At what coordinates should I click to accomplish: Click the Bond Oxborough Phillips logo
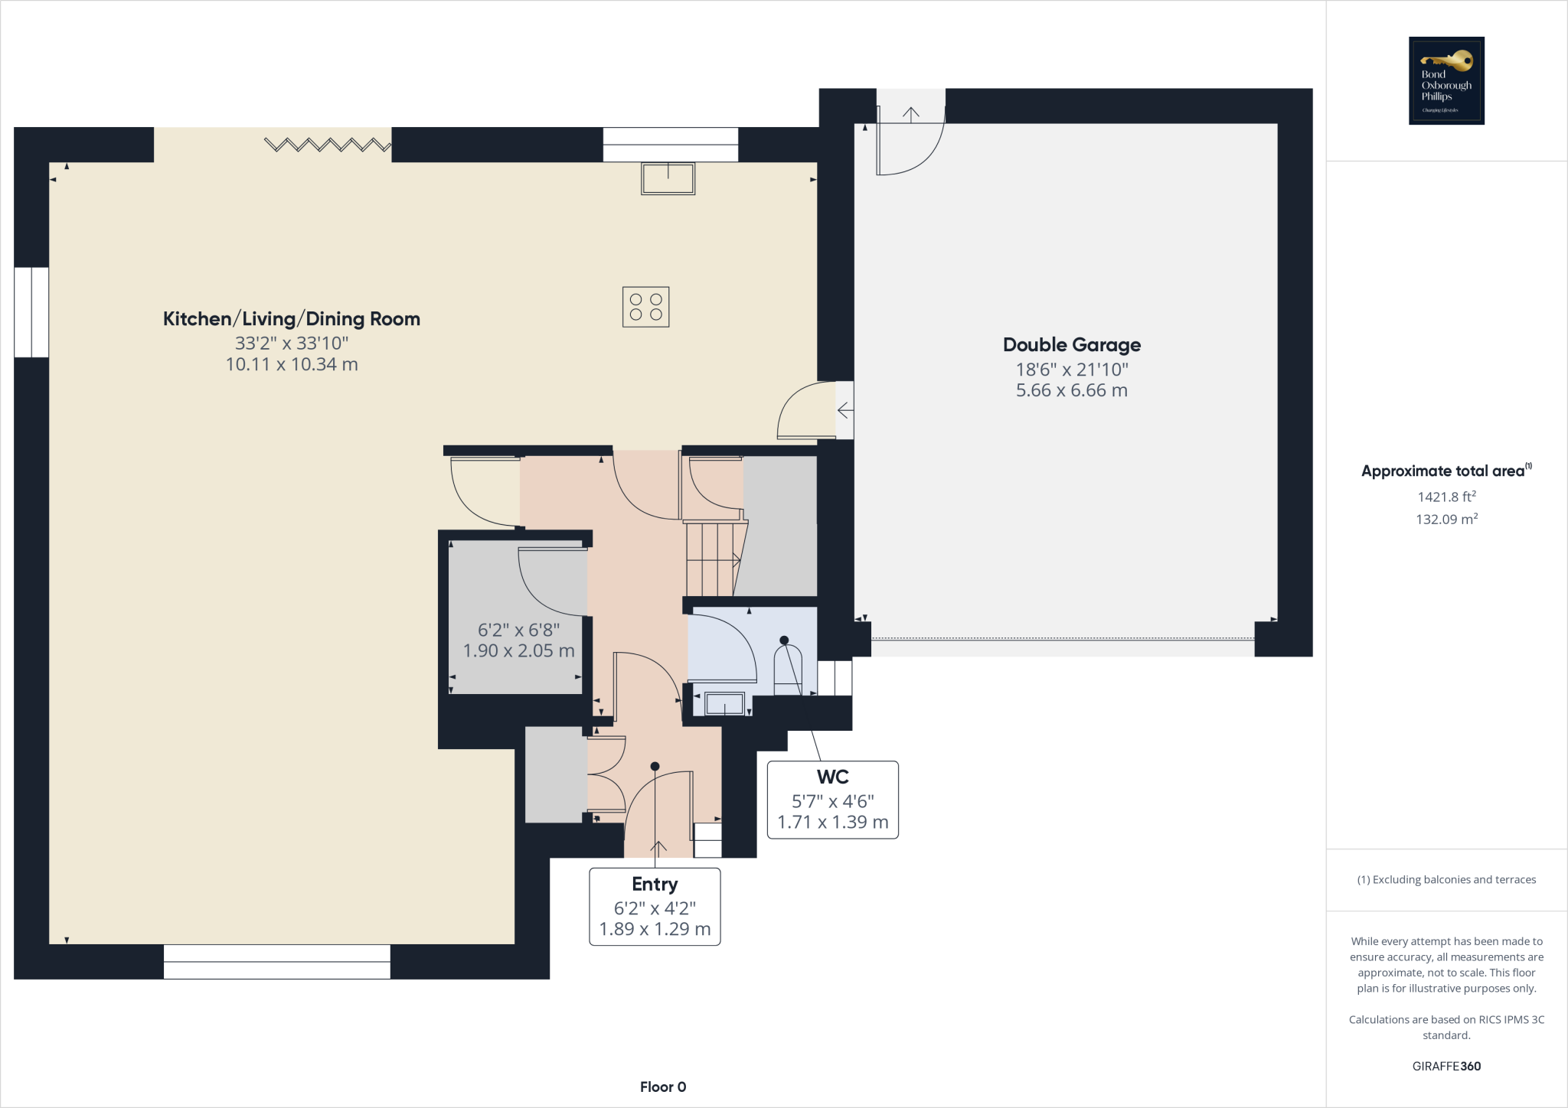1446,80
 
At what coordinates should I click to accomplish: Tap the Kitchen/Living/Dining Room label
292,319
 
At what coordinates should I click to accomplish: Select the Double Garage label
1071,345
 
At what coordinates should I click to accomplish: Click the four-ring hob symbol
645,307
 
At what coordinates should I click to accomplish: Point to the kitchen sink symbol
668,179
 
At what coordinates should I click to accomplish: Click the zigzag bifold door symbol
328,144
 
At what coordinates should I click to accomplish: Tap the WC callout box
832,800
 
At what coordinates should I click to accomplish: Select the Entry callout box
655,907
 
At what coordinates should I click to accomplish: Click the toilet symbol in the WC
788,670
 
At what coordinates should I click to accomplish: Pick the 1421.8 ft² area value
1446,497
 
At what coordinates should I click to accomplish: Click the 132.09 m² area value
1446,520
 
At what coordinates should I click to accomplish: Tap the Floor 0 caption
663,1087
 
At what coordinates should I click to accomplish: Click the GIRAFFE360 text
1446,1066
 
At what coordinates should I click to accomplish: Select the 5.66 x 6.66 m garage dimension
1071,390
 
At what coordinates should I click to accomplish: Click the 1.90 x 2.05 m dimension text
518,651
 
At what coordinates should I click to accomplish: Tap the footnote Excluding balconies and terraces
1446,880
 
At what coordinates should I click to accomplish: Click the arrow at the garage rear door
910,114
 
